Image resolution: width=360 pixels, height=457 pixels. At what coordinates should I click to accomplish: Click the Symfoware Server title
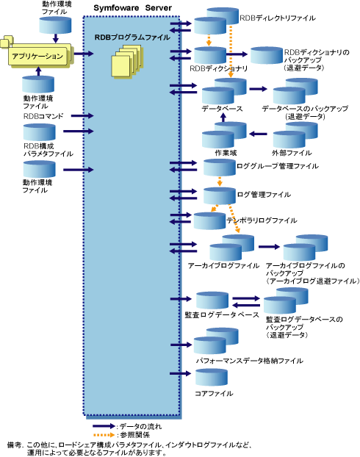[132, 8]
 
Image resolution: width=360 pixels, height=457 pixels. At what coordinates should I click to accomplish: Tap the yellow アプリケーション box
[39, 55]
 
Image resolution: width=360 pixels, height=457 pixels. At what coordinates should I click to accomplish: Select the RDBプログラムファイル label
[132, 37]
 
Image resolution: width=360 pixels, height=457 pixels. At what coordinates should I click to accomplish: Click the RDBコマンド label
[43, 116]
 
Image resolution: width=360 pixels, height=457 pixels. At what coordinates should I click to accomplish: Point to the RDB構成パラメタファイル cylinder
[40, 132]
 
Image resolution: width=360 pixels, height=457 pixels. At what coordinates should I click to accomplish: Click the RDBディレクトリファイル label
[277, 18]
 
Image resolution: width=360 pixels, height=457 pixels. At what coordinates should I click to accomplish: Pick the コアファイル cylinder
[212, 378]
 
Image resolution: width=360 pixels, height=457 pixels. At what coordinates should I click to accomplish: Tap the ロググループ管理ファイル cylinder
[219, 168]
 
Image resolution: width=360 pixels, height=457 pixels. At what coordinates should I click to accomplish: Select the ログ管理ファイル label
[264, 195]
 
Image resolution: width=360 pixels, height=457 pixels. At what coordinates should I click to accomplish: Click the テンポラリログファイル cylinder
[209, 221]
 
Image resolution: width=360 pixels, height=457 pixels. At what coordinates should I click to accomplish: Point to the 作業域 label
[226, 153]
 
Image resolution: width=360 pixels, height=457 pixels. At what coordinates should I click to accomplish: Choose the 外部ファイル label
[292, 153]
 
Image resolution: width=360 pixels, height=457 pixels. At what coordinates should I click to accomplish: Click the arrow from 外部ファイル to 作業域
[259, 134]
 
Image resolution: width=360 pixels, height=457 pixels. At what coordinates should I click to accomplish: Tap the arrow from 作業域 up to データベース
[223, 118]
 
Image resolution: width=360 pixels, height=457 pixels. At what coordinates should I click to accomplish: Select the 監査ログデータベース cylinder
[212, 301]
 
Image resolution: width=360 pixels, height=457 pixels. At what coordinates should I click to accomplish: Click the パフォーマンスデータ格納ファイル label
[250, 361]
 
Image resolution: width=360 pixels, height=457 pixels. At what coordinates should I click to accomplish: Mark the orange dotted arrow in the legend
[104, 435]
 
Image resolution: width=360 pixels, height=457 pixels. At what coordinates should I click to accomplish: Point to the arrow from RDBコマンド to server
[82, 116]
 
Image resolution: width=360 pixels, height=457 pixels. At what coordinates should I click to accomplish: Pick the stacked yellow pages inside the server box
[127, 61]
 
